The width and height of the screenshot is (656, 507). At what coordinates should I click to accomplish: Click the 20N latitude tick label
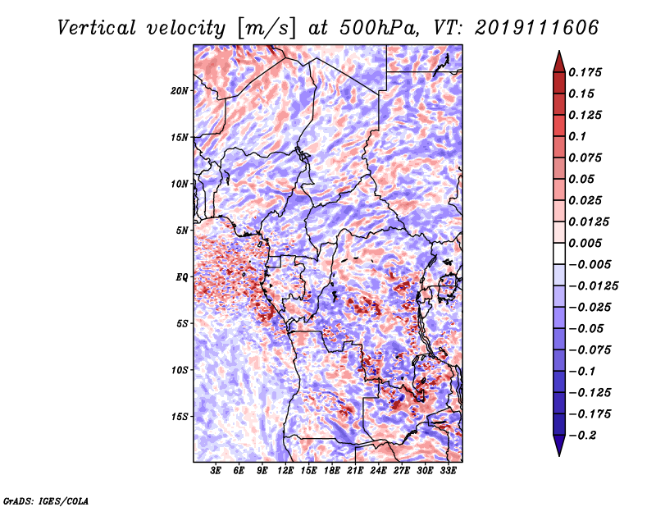pyautogui.click(x=180, y=91)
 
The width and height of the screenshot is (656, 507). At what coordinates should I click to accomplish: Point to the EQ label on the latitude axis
pyautogui.click(x=182, y=277)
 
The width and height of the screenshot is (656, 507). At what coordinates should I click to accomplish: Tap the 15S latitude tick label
pyautogui.click(x=180, y=417)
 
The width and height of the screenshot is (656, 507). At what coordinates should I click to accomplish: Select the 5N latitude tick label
pyautogui.click(x=182, y=231)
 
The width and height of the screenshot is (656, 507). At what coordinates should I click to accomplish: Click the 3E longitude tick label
pyautogui.click(x=216, y=471)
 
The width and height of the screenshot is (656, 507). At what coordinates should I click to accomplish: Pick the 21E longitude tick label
pyautogui.click(x=355, y=471)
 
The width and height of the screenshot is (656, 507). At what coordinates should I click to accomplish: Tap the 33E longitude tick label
pyautogui.click(x=448, y=471)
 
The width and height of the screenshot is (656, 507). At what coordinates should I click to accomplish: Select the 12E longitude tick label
pyautogui.click(x=285, y=471)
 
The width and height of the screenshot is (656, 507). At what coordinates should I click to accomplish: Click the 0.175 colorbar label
pyautogui.click(x=585, y=72)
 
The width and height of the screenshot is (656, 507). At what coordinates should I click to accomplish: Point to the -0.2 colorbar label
pyautogui.click(x=583, y=436)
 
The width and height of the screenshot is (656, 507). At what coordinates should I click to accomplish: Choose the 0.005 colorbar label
pyautogui.click(x=585, y=243)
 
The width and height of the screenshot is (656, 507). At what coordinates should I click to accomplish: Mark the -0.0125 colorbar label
pyautogui.click(x=593, y=286)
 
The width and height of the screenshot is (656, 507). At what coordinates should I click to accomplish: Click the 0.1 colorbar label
pyautogui.click(x=577, y=136)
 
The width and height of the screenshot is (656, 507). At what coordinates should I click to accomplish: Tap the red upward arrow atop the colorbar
pyautogui.click(x=559, y=62)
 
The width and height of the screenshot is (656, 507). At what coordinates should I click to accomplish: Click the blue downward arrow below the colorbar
pyautogui.click(x=559, y=445)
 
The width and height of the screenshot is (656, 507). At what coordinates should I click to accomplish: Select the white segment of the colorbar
pyautogui.click(x=559, y=253)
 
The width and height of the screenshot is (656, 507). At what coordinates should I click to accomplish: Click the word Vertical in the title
pyautogui.click(x=97, y=28)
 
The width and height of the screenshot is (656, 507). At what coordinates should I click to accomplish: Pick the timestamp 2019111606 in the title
pyautogui.click(x=537, y=28)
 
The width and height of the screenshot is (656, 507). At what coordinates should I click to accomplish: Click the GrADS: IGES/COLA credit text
pyautogui.click(x=46, y=500)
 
